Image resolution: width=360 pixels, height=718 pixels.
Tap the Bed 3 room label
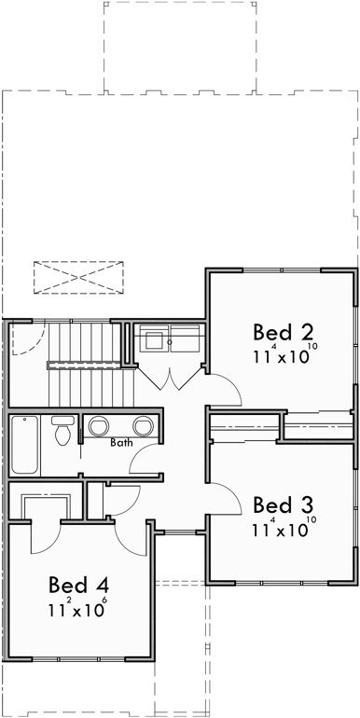[281, 505]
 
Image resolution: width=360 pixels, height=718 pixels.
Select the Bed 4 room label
[79, 586]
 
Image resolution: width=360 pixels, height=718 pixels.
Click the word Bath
[121, 443]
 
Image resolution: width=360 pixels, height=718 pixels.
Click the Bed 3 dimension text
[284, 529]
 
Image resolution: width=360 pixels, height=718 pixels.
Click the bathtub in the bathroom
[25, 445]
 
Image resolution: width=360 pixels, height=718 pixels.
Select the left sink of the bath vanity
[99, 427]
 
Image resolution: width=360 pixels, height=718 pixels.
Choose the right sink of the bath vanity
[143, 427]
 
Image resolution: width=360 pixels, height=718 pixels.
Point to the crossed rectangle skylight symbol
[78, 277]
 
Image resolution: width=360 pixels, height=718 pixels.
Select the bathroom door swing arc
[144, 460]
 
